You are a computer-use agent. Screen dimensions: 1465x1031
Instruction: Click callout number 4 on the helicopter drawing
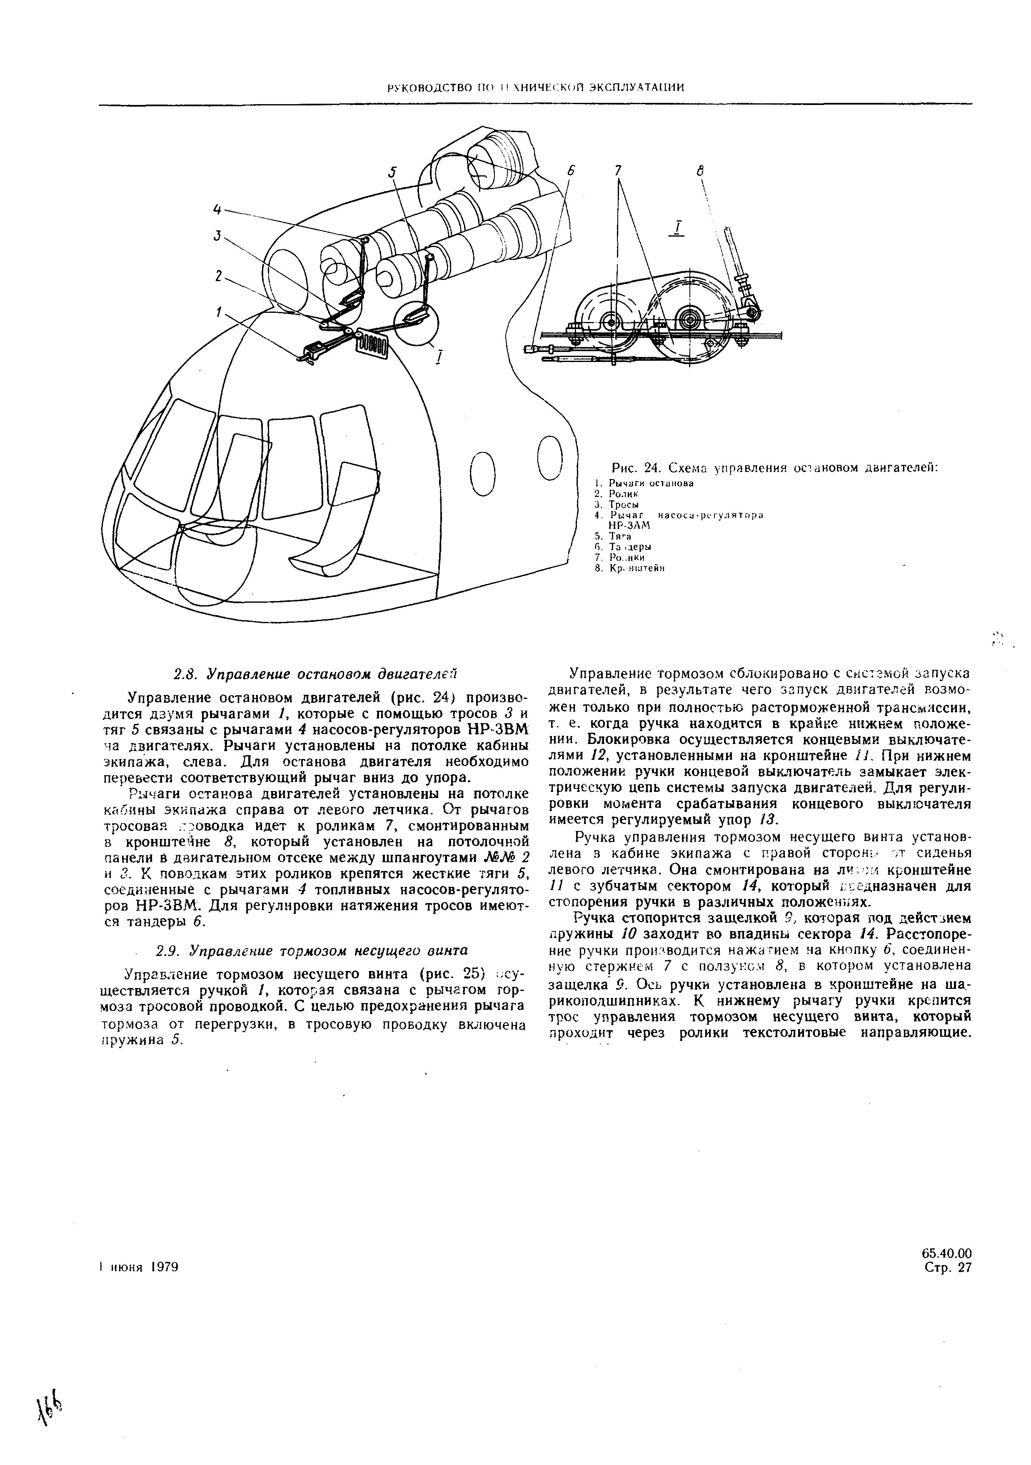(x=217, y=209)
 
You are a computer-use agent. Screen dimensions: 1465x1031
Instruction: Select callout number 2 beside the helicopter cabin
(x=218, y=276)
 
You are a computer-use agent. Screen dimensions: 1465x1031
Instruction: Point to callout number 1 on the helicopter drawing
(x=218, y=312)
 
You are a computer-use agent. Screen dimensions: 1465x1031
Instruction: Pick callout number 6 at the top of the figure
(x=571, y=171)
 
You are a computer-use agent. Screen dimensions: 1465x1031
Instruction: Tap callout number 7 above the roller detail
(x=618, y=171)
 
